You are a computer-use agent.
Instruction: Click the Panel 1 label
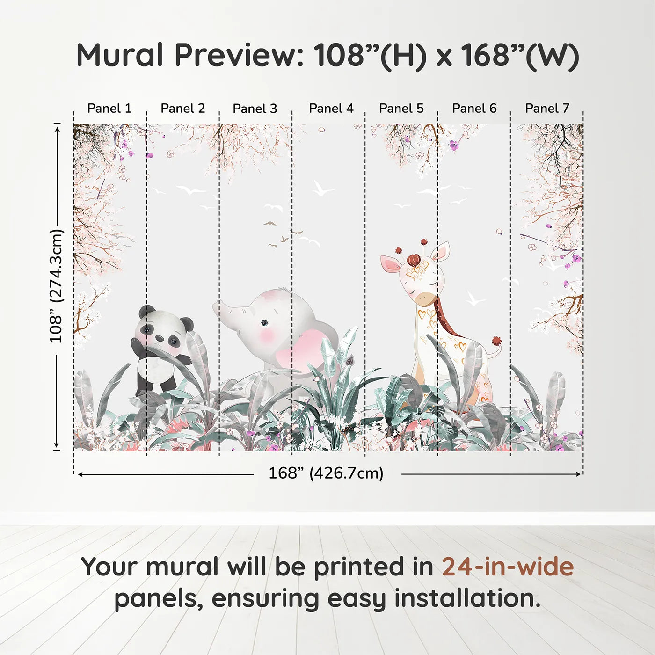coord(109,108)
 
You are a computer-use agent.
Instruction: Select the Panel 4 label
coord(331,108)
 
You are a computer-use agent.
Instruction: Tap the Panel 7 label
coord(547,108)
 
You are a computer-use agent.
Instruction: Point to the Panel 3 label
coord(255,109)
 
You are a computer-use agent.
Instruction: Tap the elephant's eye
coord(264,323)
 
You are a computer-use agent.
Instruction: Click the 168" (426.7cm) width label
coord(326,473)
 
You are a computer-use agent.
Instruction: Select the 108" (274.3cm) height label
coord(56,286)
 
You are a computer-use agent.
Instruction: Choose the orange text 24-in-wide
coord(508,567)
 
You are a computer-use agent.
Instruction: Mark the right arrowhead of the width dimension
coord(579,474)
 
